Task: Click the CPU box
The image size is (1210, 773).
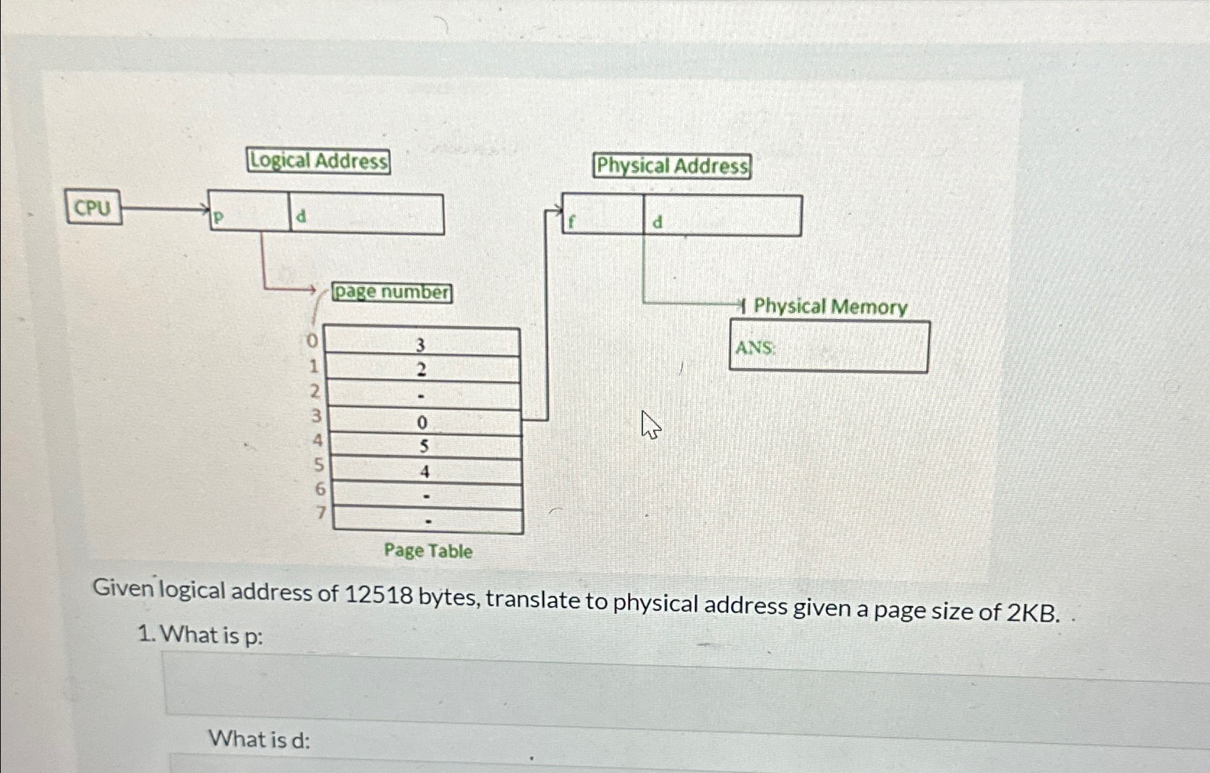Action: (93, 208)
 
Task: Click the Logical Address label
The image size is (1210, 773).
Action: (318, 161)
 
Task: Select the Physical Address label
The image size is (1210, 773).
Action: (672, 166)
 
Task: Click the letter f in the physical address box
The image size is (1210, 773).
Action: (571, 222)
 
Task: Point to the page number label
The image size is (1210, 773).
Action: (392, 292)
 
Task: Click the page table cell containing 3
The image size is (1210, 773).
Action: (420, 343)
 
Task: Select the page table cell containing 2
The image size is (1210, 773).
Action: (422, 370)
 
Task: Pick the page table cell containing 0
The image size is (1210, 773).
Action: (422, 422)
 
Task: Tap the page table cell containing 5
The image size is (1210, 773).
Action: (424, 446)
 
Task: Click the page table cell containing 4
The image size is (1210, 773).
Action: (425, 471)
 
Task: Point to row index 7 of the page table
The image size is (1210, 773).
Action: (321, 513)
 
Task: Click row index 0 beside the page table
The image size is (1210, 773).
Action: (312, 340)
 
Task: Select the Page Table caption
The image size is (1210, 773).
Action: (428, 551)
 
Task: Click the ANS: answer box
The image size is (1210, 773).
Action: (829, 348)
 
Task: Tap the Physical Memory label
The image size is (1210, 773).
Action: (830, 307)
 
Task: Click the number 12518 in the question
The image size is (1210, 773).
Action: (380, 595)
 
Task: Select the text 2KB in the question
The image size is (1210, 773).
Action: (1033, 612)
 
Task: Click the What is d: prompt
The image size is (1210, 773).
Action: (259, 739)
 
